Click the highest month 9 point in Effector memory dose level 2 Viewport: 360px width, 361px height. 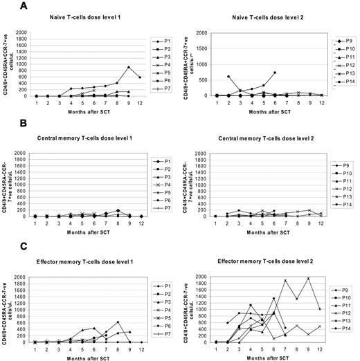point(308,278)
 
